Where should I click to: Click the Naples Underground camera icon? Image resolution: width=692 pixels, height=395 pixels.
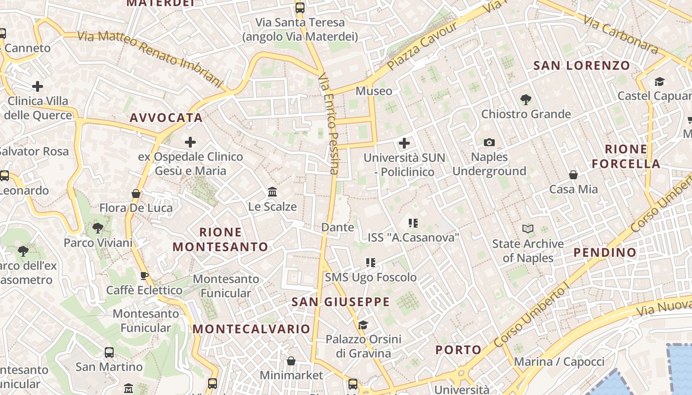[x=489, y=143]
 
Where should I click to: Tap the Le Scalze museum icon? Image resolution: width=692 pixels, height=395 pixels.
[x=272, y=192]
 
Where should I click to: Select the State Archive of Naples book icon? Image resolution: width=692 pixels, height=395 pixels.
[x=528, y=229]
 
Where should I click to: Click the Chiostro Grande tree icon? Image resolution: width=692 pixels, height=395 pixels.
[x=526, y=99]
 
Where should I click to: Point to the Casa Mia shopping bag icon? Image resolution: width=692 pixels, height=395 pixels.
[x=573, y=175]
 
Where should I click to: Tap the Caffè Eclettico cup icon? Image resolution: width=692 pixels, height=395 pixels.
[x=144, y=276]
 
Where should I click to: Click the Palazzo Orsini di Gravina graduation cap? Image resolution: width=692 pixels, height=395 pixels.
[x=363, y=324]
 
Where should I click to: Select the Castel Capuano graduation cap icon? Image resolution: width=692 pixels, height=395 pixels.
[x=659, y=81]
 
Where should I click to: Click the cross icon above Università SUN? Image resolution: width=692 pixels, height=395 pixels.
[x=404, y=143]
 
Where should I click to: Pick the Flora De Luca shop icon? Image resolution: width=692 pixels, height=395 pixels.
[x=136, y=194]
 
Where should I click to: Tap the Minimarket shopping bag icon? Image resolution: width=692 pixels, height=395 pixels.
[x=291, y=361]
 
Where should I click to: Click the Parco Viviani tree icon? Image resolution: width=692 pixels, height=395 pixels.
[x=98, y=228]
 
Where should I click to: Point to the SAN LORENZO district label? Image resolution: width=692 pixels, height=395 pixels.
[x=582, y=66]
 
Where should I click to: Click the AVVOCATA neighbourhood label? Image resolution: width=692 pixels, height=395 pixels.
[x=166, y=118]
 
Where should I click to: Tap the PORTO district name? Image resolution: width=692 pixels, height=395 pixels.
[x=458, y=350]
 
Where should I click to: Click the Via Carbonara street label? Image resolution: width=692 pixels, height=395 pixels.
[x=620, y=34]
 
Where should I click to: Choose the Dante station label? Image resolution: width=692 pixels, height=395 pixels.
[x=338, y=227]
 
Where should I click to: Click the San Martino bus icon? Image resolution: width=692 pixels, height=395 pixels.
[x=109, y=353]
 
